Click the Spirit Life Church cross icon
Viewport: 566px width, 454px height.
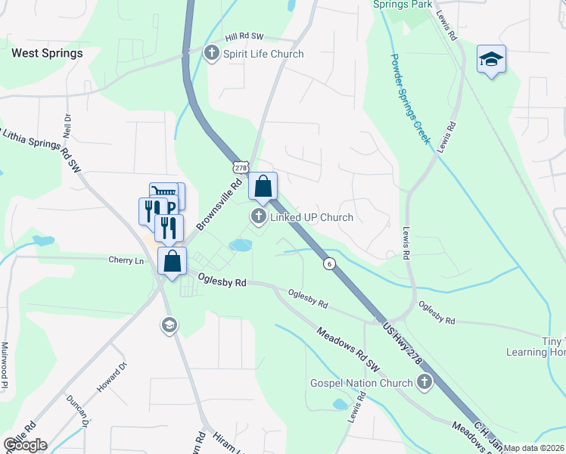pyautogui.click(x=212, y=53)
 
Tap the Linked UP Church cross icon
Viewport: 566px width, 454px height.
pyautogui.click(x=259, y=218)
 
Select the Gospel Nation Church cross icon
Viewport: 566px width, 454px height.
pyautogui.click(x=424, y=382)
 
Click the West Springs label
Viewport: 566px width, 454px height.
pyautogui.click(x=47, y=54)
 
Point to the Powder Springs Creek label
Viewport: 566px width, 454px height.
pyautogui.click(x=410, y=98)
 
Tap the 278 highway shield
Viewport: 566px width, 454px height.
pyautogui.click(x=241, y=166)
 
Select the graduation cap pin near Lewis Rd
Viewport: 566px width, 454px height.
pyautogui.click(x=491, y=60)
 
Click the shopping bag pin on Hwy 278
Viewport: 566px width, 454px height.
pyautogui.click(x=263, y=186)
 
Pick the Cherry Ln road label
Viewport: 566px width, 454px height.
pyautogui.click(x=126, y=260)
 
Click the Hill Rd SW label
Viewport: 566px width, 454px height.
pyautogui.click(x=244, y=36)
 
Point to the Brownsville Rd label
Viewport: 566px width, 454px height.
pyautogui.click(x=219, y=204)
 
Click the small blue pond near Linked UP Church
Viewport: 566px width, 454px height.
pyautogui.click(x=241, y=245)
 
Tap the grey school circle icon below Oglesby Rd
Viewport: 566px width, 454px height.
pyautogui.click(x=168, y=325)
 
